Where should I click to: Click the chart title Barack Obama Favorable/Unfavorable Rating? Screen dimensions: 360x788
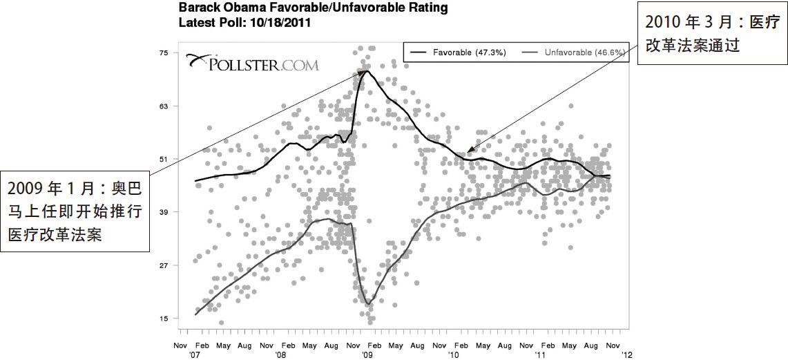(x=313, y=8)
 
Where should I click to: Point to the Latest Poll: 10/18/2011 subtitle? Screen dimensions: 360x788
(x=244, y=22)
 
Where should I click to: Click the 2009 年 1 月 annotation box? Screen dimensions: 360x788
(x=75, y=211)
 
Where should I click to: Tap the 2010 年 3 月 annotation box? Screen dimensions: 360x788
(x=712, y=35)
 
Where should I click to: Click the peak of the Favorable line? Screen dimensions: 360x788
(x=366, y=71)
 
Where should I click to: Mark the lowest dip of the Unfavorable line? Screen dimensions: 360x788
(x=369, y=304)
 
